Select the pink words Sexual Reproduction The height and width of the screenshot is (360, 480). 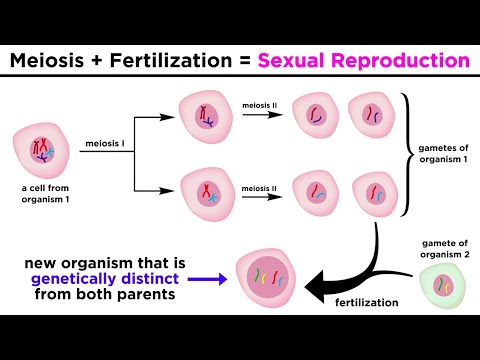coord(363,62)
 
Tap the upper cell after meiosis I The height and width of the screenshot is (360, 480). coord(204,118)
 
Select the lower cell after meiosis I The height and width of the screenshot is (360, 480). coord(204,192)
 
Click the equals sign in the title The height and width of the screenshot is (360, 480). coord(243,62)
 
